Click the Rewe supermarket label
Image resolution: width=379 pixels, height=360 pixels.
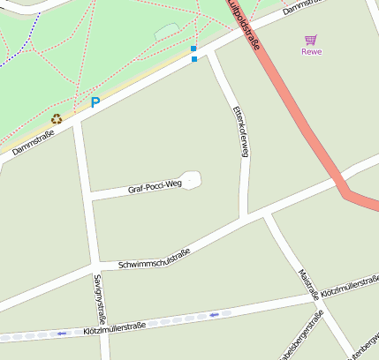pyautogui.click(x=311, y=51)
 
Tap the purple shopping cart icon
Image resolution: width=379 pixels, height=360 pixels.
pyautogui.click(x=310, y=40)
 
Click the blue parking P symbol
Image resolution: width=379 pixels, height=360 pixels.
pyautogui.click(x=95, y=102)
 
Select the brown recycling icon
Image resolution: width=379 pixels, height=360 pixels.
pyautogui.click(x=57, y=118)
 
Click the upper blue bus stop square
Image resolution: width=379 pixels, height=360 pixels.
pyautogui.click(x=193, y=49)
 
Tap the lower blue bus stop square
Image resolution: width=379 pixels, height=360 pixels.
pyautogui.click(x=194, y=59)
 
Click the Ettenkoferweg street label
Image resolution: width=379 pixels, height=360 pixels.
pyautogui.click(x=239, y=131)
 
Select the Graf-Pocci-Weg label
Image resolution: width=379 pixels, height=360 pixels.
pyautogui.click(x=154, y=186)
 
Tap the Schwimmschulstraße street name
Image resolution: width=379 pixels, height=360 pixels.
pyautogui.click(x=154, y=258)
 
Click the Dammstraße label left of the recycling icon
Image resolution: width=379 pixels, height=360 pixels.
pyautogui.click(x=34, y=144)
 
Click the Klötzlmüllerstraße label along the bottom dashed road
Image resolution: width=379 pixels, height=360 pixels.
pyautogui.click(x=114, y=326)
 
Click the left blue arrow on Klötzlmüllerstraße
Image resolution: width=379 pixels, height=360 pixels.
pyautogui.click(x=62, y=334)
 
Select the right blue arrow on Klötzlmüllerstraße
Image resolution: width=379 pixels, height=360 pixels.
pyautogui.click(x=215, y=313)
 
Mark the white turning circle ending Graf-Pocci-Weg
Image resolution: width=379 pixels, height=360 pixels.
pyautogui.click(x=192, y=179)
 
